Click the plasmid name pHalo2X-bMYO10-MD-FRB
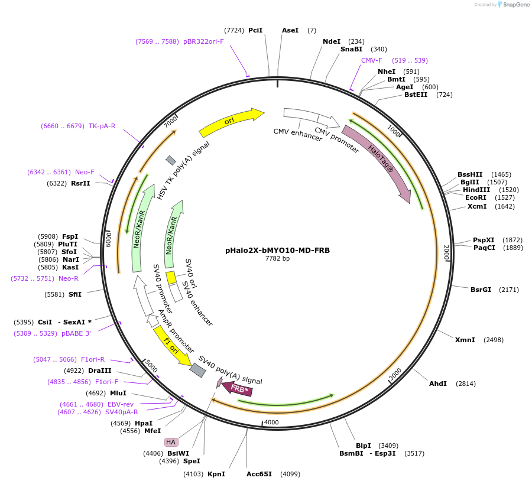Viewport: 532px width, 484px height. (x=277, y=250)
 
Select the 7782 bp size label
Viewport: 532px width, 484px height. (x=277, y=258)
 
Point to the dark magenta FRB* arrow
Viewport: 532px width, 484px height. (x=239, y=389)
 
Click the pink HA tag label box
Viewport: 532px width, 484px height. (x=171, y=442)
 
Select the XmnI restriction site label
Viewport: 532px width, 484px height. (x=465, y=340)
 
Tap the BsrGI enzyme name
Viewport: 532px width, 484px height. (x=481, y=290)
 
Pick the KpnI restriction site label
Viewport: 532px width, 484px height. (x=216, y=474)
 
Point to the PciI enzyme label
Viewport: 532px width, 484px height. (x=255, y=30)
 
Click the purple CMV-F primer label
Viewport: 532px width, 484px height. (x=372, y=60)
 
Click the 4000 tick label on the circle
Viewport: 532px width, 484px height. (x=271, y=422)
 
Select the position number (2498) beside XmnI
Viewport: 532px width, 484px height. (x=494, y=340)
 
